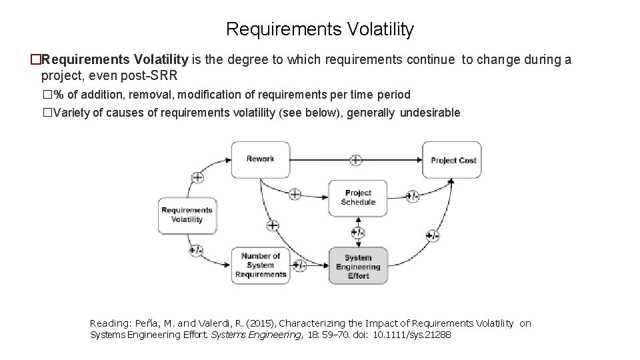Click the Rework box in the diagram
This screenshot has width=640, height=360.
[260, 159]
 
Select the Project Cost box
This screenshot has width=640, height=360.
[453, 160]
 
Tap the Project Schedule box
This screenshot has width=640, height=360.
[358, 198]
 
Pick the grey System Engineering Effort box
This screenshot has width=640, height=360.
[358, 266]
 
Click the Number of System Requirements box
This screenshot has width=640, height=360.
[260, 265]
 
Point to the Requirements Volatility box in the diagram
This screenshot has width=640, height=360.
[187, 215]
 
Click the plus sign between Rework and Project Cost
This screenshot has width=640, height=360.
[356, 160]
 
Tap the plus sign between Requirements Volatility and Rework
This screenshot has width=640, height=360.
[197, 177]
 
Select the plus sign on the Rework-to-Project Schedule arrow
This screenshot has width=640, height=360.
[294, 195]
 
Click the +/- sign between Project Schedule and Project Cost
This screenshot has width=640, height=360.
[413, 197]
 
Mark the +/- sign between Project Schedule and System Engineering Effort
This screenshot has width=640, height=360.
[358, 233]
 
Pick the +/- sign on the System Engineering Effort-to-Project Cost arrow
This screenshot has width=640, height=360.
[433, 235]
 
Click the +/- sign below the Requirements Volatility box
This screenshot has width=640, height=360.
[196, 251]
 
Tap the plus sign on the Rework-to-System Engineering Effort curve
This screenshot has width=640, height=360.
[273, 225]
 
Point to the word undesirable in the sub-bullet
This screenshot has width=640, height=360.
[430, 113]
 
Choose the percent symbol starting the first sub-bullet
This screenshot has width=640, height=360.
[59, 95]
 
